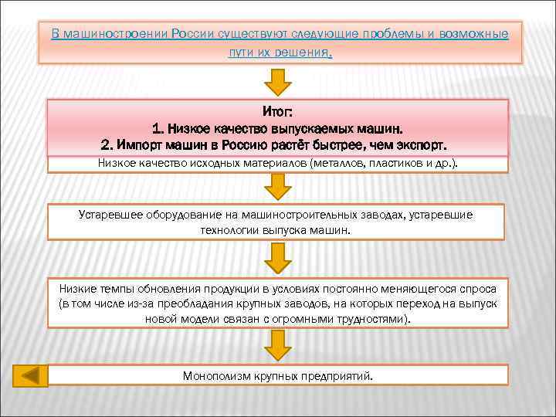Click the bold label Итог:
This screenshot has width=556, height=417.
pyautogui.click(x=278, y=113)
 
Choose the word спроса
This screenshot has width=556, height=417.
pyautogui.click(x=470, y=288)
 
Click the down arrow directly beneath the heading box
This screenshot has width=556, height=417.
pyautogui.click(x=278, y=81)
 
